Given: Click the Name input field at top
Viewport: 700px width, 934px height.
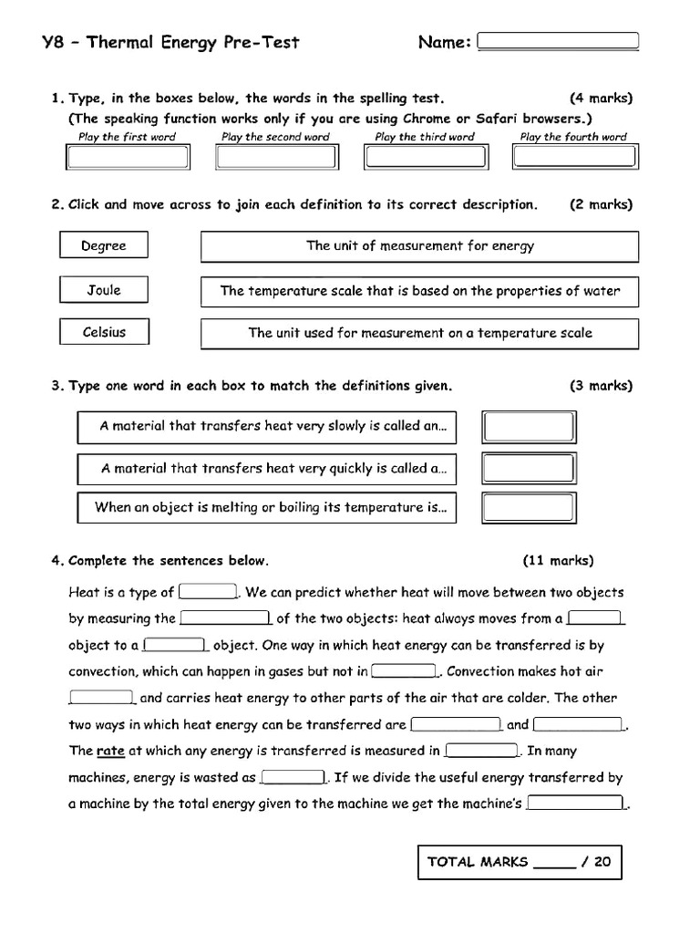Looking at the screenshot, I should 558,41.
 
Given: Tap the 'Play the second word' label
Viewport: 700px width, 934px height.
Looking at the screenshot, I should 275,137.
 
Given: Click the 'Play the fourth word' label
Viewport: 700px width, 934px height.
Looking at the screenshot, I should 573,137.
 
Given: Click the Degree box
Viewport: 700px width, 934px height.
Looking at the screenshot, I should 104,246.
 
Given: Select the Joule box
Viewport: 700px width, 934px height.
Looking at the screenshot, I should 104,290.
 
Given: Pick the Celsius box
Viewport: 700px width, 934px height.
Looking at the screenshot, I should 104,332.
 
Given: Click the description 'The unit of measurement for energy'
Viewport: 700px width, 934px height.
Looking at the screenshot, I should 419,246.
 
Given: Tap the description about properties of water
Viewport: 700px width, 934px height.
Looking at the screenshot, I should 419,292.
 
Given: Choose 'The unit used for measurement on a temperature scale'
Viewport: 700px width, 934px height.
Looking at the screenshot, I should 419,334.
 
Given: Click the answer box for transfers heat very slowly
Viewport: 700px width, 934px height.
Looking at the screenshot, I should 529,427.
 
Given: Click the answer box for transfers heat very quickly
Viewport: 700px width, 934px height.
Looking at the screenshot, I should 529,468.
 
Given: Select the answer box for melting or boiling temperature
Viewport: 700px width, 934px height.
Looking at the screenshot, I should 529,507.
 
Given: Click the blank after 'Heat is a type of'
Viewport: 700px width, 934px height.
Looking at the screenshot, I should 209,591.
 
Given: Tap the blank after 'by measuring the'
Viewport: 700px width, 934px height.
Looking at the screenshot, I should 225,617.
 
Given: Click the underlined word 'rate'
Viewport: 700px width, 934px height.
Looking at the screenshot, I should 110,752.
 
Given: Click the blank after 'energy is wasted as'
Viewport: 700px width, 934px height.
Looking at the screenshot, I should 293,778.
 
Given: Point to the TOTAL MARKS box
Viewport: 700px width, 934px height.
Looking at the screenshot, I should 520,862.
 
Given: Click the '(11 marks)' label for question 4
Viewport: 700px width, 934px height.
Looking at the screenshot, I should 558,560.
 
